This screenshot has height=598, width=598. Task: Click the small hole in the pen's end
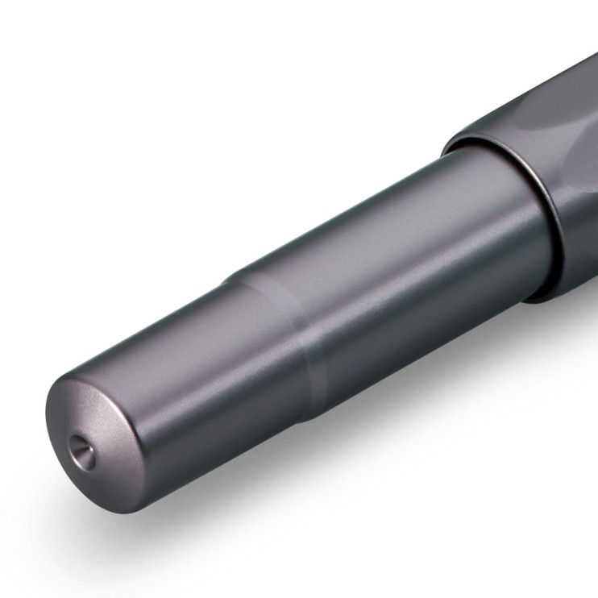[80, 445]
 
